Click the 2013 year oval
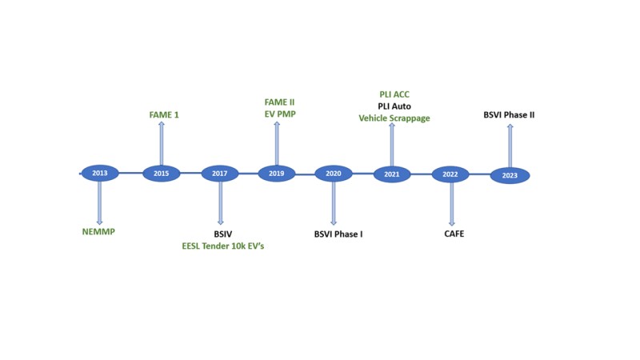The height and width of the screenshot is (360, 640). pyautogui.click(x=100, y=173)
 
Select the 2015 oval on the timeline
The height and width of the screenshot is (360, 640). pyautogui.click(x=162, y=174)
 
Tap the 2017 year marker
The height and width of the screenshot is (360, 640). pyautogui.click(x=219, y=174)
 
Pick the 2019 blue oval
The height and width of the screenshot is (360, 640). pyautogui.click(x=276, y=174)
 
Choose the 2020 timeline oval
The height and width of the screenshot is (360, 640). pyautogui.click(x=334, y=174)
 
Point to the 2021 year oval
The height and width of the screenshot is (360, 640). pyautogui.click(x=392, y=174)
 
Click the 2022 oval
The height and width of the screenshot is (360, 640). pyautogui.click(x=450, y=174)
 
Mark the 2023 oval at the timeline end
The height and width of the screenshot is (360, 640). pyautogui.click(x=510, y=175)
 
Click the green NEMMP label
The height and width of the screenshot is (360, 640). pyautogui.click(x=98, y=232)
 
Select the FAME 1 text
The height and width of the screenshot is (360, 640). pyautogui.click(x=164, y=114)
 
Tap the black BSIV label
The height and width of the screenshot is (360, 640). pyautogui.click(x=223, y=234)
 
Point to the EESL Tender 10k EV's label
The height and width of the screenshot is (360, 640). pyautogui.click(x=223, y=246)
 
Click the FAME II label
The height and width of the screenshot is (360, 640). pyautogui.click(x=279, y=102)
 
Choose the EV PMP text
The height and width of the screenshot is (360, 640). pyautogui.click(x=280, y=114)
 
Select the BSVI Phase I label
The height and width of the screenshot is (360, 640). pyautogui.click(x=338, y=234)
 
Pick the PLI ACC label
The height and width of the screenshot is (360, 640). pyautogui.click(x=394, y=94)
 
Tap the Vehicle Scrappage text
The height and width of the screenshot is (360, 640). pyautogui.click(x=394, y=118)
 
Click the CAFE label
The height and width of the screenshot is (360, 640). pyautogui.click(x=454, y=234)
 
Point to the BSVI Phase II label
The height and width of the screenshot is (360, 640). pyautogui.click(x=509, y=114)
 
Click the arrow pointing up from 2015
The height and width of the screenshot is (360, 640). pyautogui.click(x=162, y=143)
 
